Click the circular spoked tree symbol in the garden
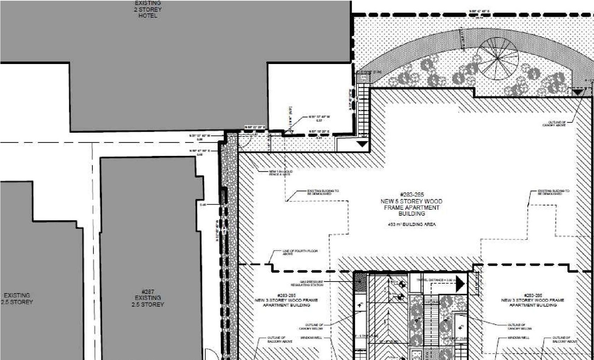[498, 59]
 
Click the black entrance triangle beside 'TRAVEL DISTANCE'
[460, 284]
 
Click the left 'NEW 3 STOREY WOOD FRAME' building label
[286, 300]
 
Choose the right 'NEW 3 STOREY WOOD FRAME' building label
[533, 300]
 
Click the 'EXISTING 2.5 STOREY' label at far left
[18, 299]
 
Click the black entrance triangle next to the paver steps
[362, 145]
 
